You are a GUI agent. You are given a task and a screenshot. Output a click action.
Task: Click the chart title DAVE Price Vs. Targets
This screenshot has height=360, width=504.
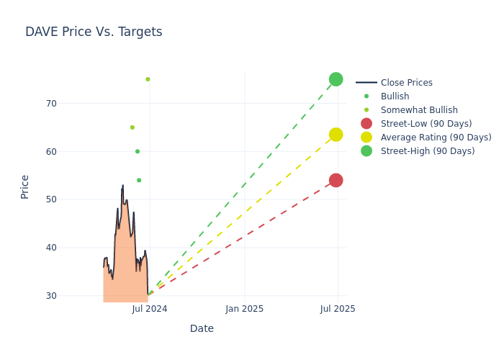(x=94, y=32)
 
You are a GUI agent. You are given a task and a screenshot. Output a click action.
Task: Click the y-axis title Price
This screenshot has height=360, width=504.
(x=25, y=186)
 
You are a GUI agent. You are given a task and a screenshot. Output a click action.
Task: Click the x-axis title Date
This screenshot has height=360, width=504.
(x=202, y=328)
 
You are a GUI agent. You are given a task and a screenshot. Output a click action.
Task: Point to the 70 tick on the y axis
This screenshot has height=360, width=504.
(x=50, y=104)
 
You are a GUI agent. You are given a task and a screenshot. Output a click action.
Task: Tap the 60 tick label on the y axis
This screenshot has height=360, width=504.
(x=50, y=151)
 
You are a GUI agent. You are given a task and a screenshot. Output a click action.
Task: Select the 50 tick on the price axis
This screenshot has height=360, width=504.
(x=50, y=199)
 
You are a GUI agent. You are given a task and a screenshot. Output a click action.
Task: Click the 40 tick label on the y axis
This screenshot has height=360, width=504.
(x=50, y=248)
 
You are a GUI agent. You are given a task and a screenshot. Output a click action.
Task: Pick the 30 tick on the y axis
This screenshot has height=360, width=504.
(x=50, y=295)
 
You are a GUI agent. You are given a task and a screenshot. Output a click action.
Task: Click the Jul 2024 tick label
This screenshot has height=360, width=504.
(x=150, y=309)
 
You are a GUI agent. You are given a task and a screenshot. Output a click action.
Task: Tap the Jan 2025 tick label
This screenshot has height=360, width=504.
(x=244, y=309)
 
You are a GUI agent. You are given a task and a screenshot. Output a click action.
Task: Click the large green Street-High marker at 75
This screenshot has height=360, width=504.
(x=336, y=79)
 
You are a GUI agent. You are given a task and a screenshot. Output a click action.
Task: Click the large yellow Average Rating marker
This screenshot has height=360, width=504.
(x=336, y=135)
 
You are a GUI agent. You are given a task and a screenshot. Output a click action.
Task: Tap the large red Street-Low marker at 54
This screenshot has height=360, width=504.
(x=336, y=180)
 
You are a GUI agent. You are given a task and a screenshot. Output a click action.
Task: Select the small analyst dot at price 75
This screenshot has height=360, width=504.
(x=148, y=79)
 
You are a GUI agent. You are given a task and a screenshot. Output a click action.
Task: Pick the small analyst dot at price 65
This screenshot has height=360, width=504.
(x=132, y=127)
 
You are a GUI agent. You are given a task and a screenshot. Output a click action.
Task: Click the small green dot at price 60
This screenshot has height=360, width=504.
(x=138, y=151)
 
